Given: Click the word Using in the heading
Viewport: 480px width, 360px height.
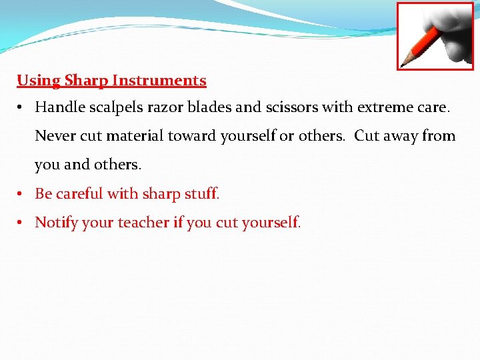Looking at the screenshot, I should tap(39, 81).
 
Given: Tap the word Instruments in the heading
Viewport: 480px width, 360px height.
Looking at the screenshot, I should tap(159, 81).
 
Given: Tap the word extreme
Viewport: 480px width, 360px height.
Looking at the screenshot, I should tap(383, 107).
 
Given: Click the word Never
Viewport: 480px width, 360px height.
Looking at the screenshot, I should tap(55, 136).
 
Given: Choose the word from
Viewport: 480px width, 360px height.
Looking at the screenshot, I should tap(439, 136).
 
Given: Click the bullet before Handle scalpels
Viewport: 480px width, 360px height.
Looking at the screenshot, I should tap(22, 107).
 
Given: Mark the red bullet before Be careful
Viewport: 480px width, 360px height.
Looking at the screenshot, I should tap(22, 194).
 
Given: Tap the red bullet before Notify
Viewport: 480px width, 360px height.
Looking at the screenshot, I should tap(22, 223).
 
